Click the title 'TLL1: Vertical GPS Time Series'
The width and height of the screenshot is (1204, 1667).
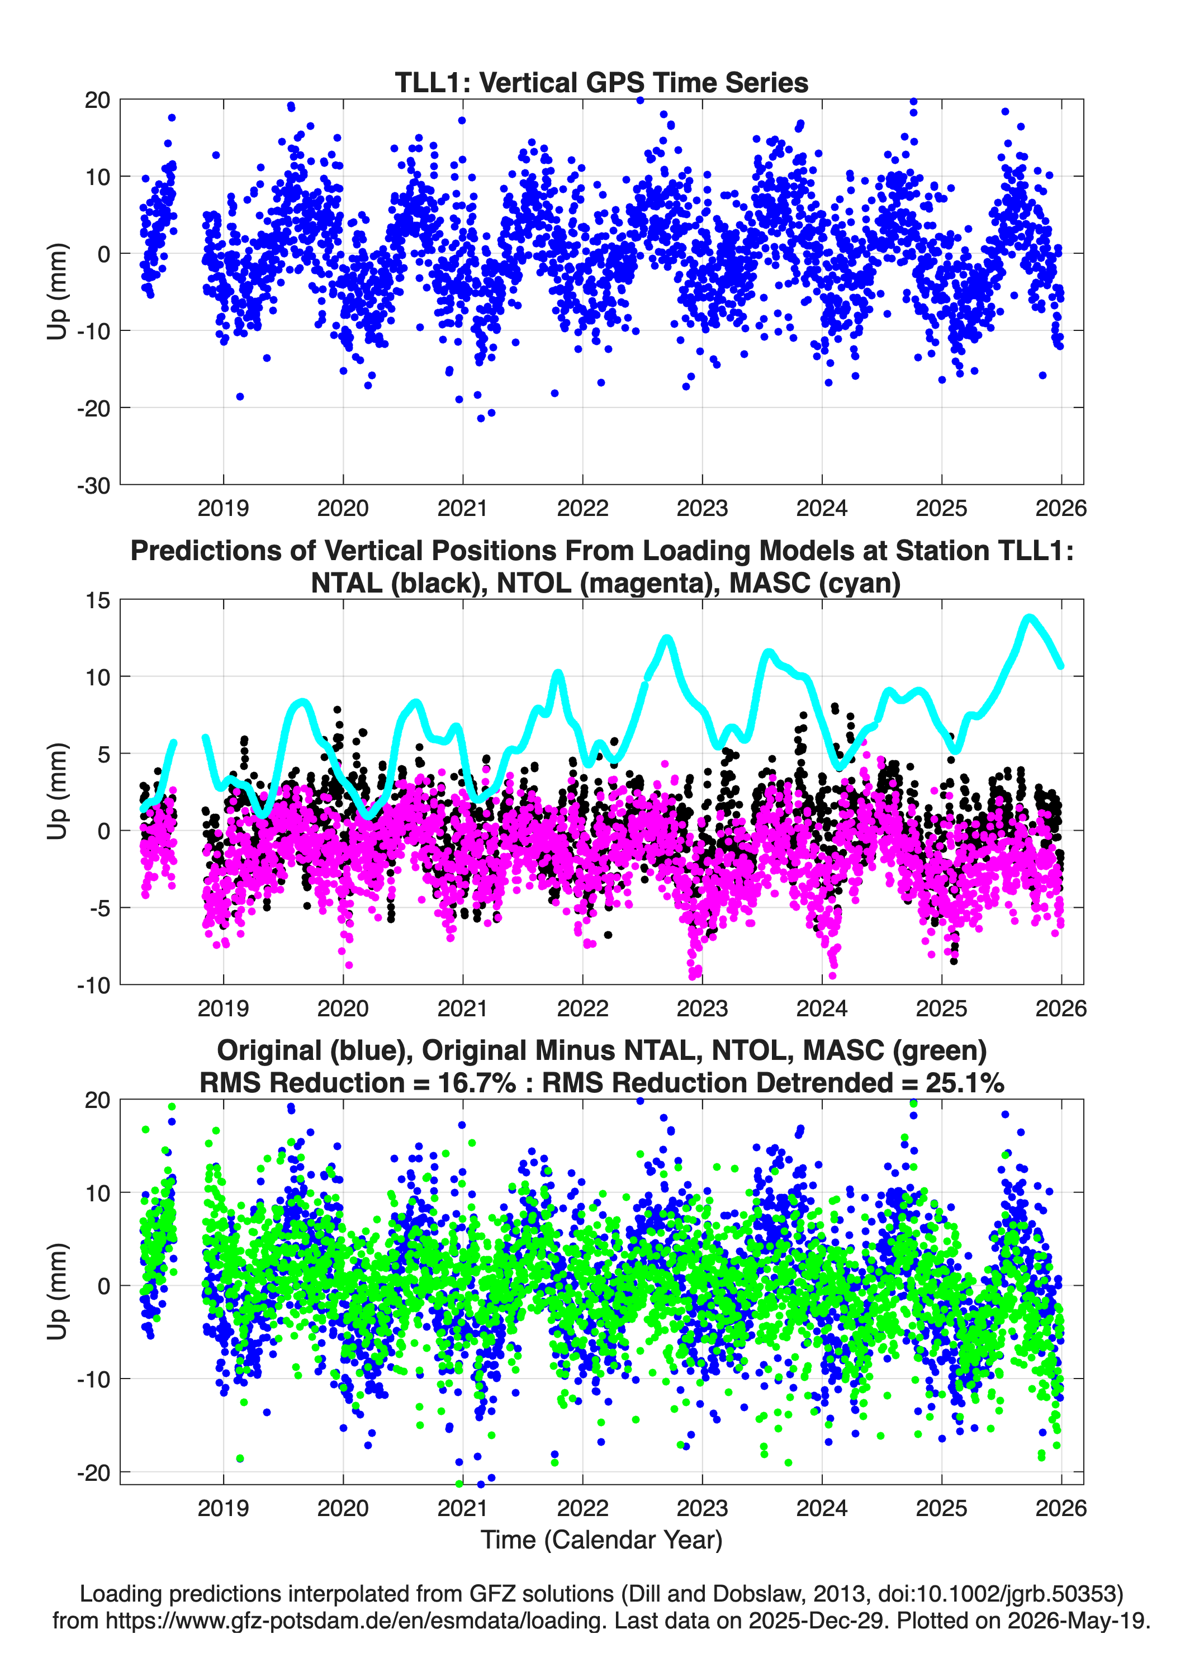click(601, 82)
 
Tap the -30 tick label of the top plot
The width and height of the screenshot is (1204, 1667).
click(93, 486)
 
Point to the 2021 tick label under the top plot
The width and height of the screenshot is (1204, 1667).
click(462, 508)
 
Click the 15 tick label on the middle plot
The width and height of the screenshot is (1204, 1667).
click(98, 600)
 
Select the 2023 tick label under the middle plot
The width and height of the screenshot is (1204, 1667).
click(702, 1008)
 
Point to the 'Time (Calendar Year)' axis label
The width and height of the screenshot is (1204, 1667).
click(601, 1540)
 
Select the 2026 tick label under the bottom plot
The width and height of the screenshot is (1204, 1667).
click(1061, 1508)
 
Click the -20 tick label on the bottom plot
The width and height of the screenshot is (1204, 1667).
click(93, 1473)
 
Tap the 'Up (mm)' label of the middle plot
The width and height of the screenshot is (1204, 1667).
click(58, 791)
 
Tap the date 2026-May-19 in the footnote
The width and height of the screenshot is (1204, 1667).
click(1078, 1620)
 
